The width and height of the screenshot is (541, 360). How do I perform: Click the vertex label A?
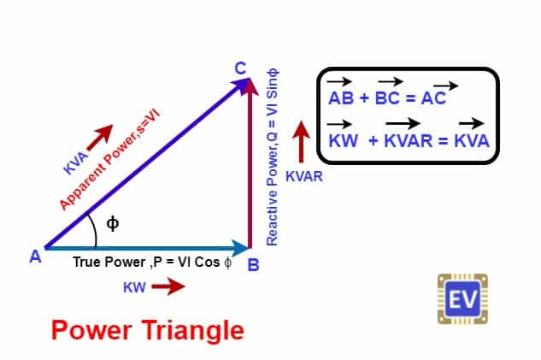pos(35,256)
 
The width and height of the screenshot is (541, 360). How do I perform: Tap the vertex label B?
pos(253,265)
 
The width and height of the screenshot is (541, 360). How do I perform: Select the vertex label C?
pos(241,68)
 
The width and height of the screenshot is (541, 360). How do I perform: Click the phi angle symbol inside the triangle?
pos(112,223)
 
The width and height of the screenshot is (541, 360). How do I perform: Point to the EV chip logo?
pos(462,299)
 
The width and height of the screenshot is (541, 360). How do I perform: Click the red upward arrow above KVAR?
pos(299,142)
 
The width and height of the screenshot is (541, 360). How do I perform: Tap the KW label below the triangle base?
pos(134,287)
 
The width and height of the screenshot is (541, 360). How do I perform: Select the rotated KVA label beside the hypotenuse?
pos(75,162)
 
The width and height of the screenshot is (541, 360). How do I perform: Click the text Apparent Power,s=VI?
pos(109,161)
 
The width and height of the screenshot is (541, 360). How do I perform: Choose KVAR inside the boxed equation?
pos(407,139)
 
